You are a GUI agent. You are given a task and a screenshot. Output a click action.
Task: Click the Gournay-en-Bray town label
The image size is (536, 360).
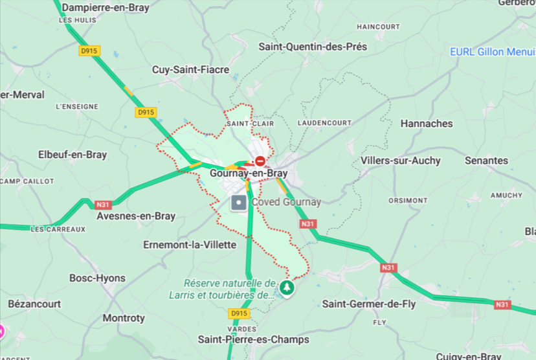(x=249, y=174)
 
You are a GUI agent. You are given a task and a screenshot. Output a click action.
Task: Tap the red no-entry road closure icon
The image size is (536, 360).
(x=260, y=161)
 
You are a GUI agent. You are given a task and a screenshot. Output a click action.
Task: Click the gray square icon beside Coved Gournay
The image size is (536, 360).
(x=240, y=203)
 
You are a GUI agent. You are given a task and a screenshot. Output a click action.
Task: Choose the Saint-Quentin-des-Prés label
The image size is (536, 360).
(x=313, y=47)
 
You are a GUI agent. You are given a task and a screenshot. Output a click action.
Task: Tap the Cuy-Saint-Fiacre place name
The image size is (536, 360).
(x=190, y=69)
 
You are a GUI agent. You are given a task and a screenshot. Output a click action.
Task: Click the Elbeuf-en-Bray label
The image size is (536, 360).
(x=73, y=155)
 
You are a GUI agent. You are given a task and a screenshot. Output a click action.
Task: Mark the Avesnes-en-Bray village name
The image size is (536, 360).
(x=135, y=216)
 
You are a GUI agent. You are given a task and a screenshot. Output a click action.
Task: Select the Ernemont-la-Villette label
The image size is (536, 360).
(x=189, y=245)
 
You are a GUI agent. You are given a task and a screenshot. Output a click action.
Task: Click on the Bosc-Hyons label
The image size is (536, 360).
(x=97, y=278)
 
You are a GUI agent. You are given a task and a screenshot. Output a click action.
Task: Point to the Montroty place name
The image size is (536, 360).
(x=124, y=318)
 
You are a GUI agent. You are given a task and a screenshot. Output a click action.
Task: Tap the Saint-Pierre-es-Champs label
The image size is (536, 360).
(x=253, y=339)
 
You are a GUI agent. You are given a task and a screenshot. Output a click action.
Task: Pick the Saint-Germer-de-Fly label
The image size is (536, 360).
(x=369, y=304)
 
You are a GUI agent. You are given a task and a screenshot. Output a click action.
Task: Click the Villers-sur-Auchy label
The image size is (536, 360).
(x=400, y=160)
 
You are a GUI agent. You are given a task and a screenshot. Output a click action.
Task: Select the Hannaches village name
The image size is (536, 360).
(x=427, y=123)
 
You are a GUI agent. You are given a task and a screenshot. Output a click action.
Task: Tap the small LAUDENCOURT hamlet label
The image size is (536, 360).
(x=324, y=122)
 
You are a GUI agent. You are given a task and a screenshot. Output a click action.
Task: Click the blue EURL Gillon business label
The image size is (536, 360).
(x=493, y=52)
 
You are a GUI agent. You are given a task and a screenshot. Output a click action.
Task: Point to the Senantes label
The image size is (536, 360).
(x=486, y=160)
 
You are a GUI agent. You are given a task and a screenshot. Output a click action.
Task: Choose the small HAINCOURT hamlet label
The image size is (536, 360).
(x=378, y=27)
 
